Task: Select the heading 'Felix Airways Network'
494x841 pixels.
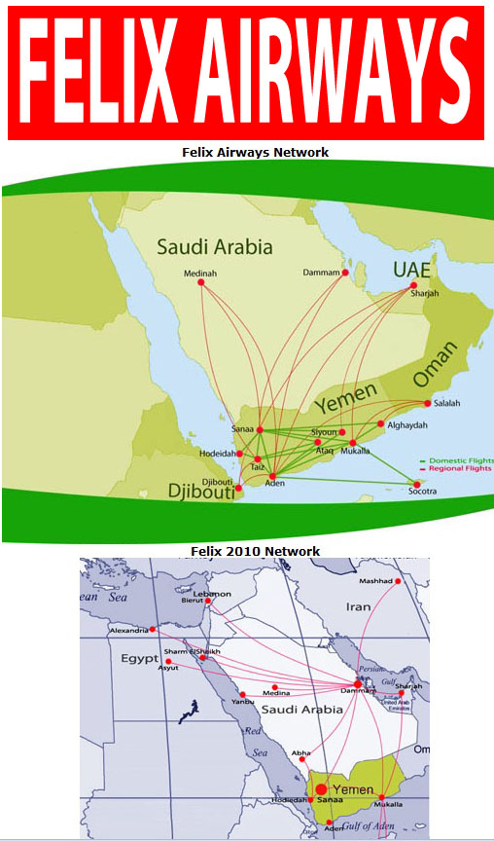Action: point(256,152)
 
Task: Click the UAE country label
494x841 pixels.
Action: point(411,269)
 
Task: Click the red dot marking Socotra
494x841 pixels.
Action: point(418,484)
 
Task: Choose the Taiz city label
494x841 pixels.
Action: point(258,467)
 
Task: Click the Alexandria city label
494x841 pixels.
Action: point(128,630)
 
